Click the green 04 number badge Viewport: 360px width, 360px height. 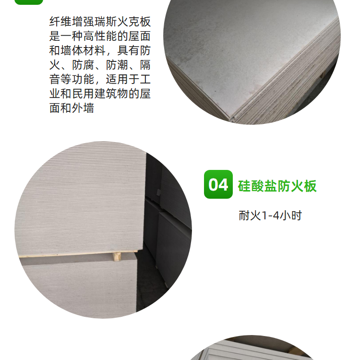pos(218,184)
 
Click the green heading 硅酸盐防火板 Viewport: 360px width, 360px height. pos(277,186)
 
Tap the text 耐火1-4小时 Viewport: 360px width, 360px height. pos(270,216)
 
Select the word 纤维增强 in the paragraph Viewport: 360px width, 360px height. pos(72,22)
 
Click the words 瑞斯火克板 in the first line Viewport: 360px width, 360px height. pos(123,22)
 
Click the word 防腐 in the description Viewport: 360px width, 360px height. pos(83,65)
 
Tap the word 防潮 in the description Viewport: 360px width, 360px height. pos(117,65)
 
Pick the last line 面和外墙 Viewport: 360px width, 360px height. pos(72,108)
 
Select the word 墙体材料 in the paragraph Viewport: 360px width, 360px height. pos(83,50)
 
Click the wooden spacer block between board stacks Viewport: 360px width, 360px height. pos(117,256)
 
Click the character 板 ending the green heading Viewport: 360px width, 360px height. pos(311,186)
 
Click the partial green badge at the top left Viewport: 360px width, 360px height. pos(29,2)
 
